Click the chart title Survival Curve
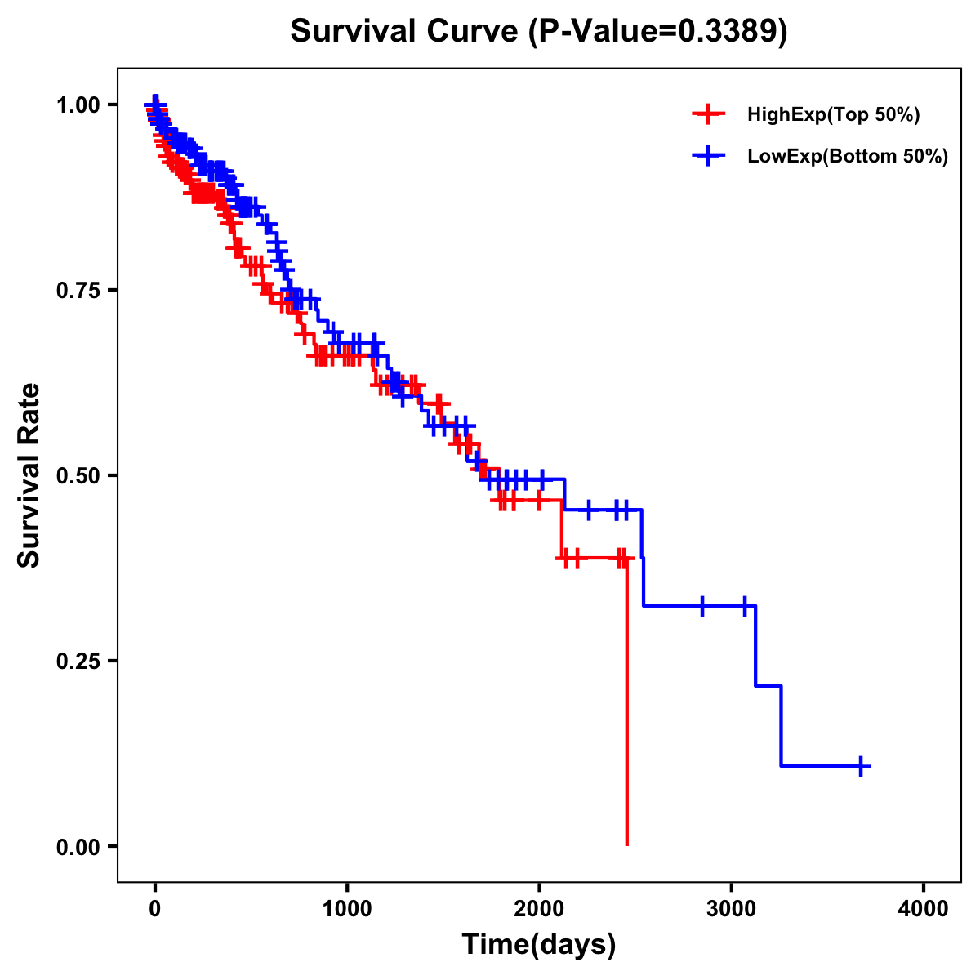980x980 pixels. click(x=404, y=32)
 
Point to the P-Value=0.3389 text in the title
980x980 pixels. click(x=658, y=32)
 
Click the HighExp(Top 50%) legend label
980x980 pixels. click(x=834, y=114)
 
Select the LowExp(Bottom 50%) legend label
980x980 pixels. click(x=848, y=156)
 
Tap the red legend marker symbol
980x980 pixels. click(x=708, y=114)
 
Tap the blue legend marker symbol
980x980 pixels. click(x=708, y=156)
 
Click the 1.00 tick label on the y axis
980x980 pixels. click(x=78, y=105)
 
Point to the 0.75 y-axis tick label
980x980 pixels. click(x=78, y=290)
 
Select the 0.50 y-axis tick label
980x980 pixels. click(x=78, y=475)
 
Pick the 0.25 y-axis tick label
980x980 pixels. click(x=78, y=661)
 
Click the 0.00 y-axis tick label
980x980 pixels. click(x=78, y=846)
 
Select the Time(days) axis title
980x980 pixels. click(x=539, y=945)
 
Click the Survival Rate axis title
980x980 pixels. click(x=29, y=475)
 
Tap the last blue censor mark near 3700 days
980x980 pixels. click(x=861, y=766)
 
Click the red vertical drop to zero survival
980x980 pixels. click(x=626, y=702)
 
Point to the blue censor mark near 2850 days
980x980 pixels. click(x=702, y=606)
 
